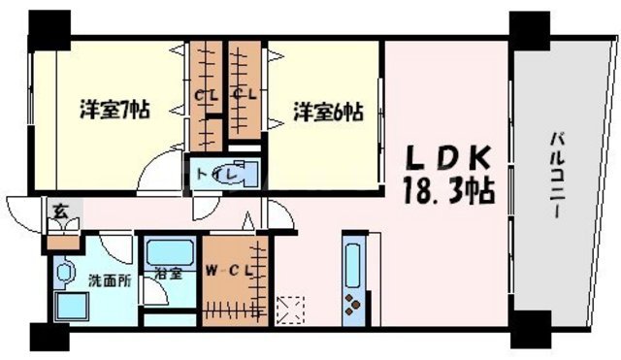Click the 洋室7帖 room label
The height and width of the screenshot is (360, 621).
(113, 111)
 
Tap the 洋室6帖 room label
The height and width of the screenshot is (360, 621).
(328, 111)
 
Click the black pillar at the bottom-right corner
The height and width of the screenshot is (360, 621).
(529, 331)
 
